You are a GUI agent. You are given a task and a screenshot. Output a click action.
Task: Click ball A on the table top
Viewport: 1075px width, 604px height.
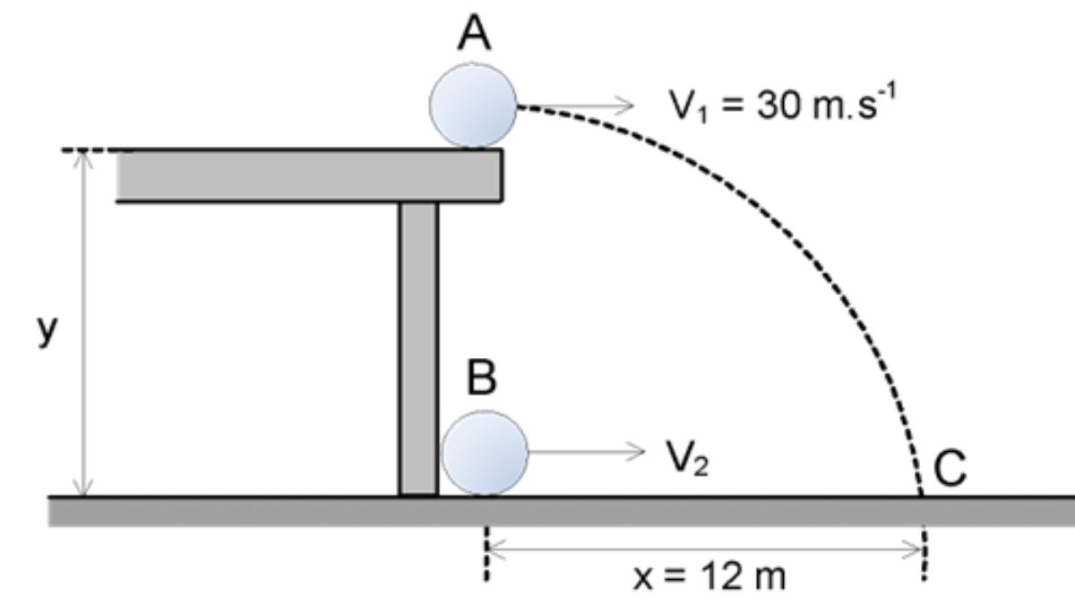[473, 105]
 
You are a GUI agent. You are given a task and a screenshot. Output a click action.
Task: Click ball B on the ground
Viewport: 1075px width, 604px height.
[486, 453]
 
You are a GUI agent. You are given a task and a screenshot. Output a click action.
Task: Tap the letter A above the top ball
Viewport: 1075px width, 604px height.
[476, 36]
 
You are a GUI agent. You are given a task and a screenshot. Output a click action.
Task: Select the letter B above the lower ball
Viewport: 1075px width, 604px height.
[482, 379]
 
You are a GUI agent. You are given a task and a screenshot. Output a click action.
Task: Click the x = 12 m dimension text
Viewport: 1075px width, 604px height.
[709, 577]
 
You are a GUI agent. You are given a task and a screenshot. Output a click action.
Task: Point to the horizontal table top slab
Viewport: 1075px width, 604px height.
[309, 175]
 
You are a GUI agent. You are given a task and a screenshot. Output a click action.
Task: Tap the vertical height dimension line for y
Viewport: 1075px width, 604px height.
[84, 322]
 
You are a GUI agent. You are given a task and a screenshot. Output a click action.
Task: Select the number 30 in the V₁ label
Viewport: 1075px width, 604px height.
[766, 106]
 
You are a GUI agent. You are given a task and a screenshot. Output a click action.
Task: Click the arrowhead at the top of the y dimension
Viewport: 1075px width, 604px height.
[84, 158]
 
